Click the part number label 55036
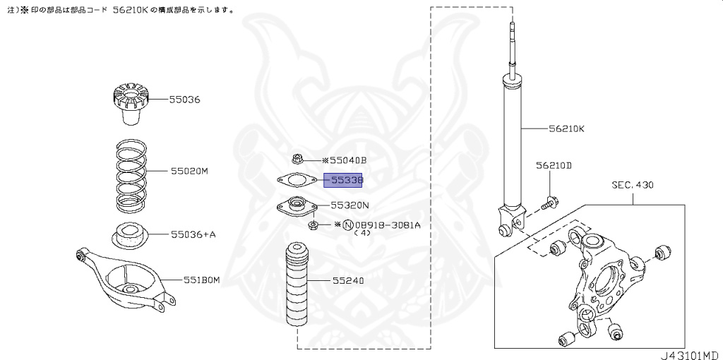pyautogui.click(x=184, y=100)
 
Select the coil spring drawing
pyautogui.click(x=131, y=176)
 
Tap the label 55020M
pyautogui.click(x=189, y=171)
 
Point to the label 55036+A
pyautogui.click(x=192, y=234)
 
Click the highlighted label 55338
pyautogui.click(x=342, y=180)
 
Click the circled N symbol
pyautogui.click(x=347, y=225)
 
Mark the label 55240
pyautogui.click(x=348, y=280)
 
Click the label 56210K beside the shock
pyautogui.click(x=566, y=129)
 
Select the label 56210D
pyautogui.click(x=553, y=165)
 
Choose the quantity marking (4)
pyautogui.click(x=362, y=232)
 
